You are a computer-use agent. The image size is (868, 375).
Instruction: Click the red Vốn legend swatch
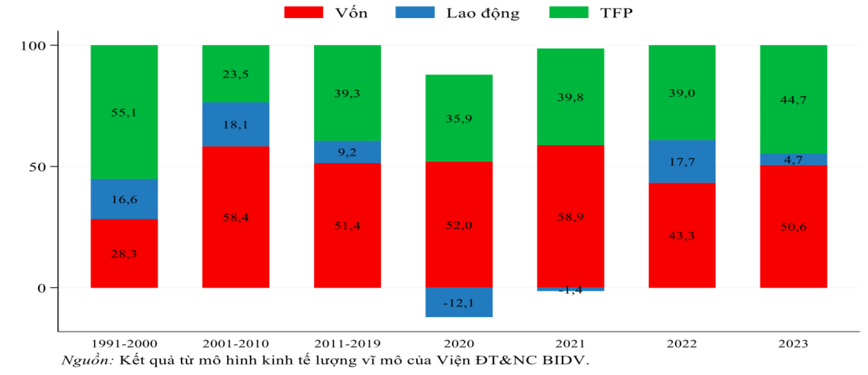pyautogui.click(x=304, y=12)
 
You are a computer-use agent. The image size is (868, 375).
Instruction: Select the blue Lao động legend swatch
pyautogui.click(x=415, y=12)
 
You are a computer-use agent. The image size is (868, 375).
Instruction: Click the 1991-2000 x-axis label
pyautogui.click(x=124, y=344)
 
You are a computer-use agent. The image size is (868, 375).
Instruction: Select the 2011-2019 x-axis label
pyautogui.click(x=347, y=344)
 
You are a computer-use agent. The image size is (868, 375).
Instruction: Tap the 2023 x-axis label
pyautogui.click(x=793, y=344)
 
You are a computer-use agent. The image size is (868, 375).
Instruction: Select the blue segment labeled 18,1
pyautogui.click(x=235, y=124)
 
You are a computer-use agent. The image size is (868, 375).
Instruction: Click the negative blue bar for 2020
pyautogui.click(x=459, y=302)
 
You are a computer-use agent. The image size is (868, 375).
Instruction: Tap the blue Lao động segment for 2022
pyautogui.click(x=682, y=162)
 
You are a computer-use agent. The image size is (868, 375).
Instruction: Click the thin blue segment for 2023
pyautogui.click(x=793, y=160)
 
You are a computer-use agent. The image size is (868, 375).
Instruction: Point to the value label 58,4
pyautogui.click(x=235, y=217)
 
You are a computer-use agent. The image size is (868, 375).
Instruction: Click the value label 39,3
pyautogui.click(x=347, y=93)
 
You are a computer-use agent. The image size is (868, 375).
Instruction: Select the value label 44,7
pyautogui.click(x=793, y=99)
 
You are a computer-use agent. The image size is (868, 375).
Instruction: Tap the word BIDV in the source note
pyautogui.click(x=567, y=360)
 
